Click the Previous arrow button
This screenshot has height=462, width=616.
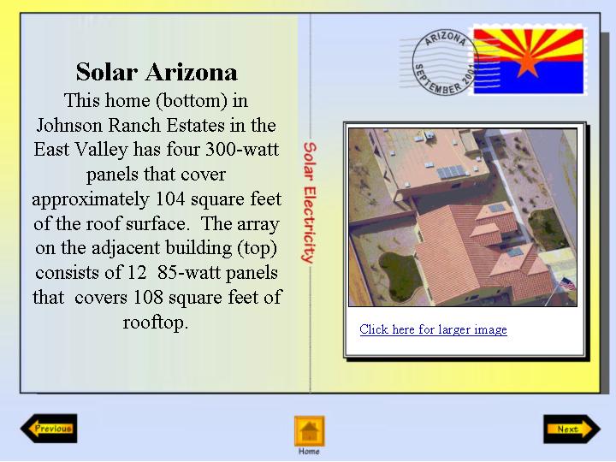coord(49,429)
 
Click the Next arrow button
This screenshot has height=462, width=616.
coord(572,429)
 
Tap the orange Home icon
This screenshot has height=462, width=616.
coord(309,431)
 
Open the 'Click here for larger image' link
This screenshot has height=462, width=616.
coord(433,329)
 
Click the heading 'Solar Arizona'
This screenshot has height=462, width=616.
coord(157,72)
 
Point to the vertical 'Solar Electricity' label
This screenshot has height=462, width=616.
coord(309,202)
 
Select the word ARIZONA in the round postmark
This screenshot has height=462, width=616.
coord(446,38)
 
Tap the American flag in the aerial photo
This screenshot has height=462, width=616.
coord(567,284)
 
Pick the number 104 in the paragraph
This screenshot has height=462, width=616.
coord(170,198)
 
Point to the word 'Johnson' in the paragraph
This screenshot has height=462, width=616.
coord(70,125)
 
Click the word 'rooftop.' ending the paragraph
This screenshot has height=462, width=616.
coord(156,323)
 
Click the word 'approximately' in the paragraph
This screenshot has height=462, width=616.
coord(91,199)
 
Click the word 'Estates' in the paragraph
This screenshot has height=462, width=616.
coord(195,125)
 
